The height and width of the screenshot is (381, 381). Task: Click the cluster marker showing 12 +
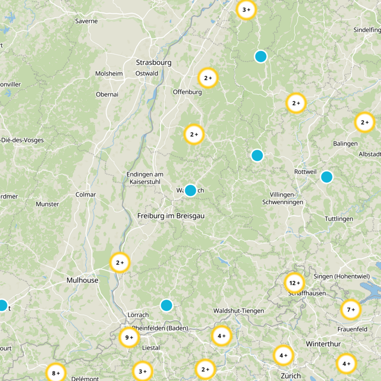pos(293,283)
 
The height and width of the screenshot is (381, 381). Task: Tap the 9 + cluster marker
pos(129,337)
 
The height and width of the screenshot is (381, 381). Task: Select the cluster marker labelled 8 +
pos(56,373)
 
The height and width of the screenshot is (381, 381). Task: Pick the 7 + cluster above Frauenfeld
pos(351,310)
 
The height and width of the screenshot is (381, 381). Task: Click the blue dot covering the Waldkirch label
pos(190,190)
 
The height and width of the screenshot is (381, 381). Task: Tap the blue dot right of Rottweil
pos(326,177)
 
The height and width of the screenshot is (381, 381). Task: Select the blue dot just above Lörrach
pos(166,305)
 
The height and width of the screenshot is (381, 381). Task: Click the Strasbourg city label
pos(153,62)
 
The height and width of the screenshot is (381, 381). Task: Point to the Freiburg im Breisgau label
pos(170,216)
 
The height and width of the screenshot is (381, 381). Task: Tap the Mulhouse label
pos(82,280)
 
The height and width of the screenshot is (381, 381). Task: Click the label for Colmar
pos(86,194)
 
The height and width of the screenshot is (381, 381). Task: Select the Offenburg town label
pos(187,91)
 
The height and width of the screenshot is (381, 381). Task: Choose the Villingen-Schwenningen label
pos(283,199)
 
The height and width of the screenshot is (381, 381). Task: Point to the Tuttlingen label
pos(339,219)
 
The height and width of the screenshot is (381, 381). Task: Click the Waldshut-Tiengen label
pos(239,311)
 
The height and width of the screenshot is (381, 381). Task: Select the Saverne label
pos(86,21)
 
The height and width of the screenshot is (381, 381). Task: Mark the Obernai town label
pos(107,94)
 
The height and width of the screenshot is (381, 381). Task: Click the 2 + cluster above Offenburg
pos(208,78)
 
